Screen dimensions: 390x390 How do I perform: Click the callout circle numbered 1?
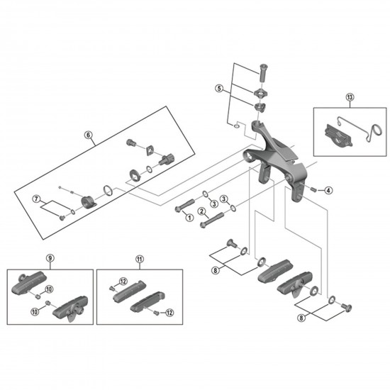189,218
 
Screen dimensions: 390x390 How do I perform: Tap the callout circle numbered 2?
202,211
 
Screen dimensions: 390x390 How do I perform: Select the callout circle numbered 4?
328,190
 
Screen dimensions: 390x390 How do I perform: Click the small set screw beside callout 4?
313,189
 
